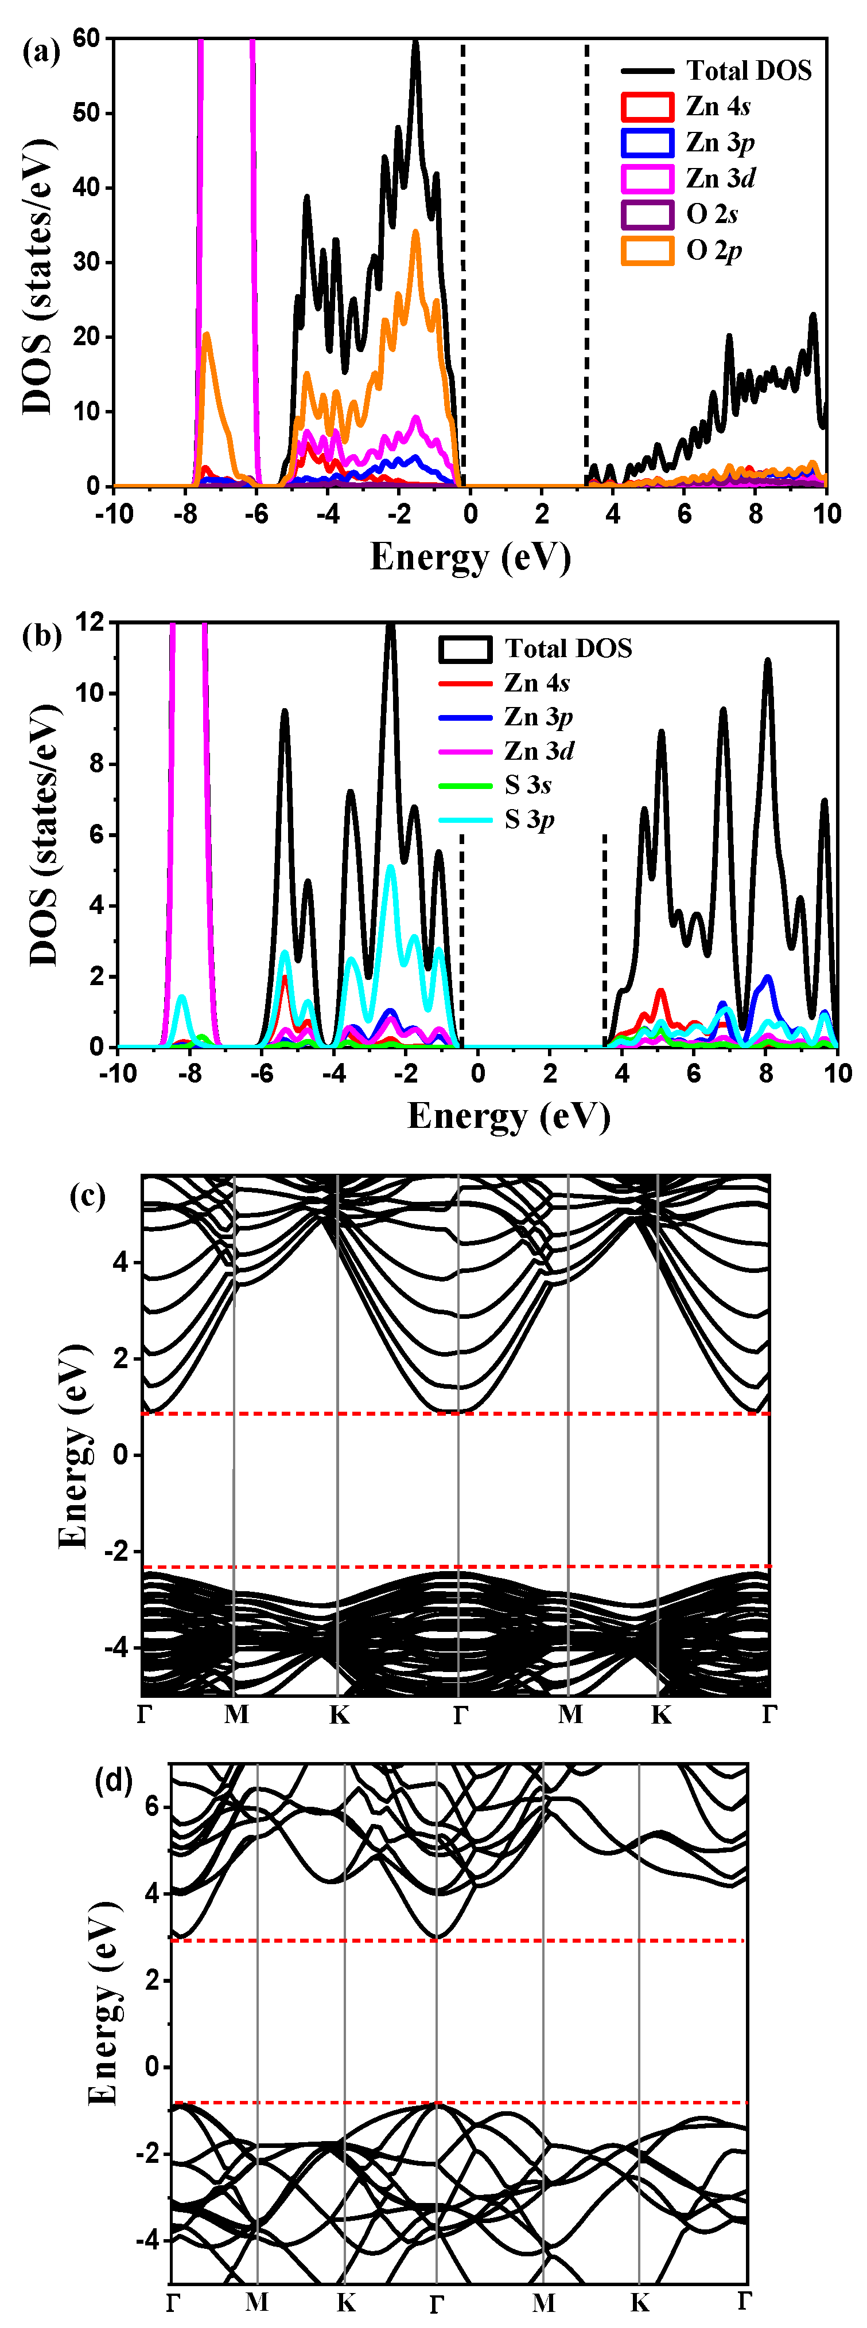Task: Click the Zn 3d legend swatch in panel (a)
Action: coord(647,178)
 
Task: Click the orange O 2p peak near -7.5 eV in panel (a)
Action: coord(207,336)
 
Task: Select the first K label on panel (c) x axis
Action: coord(339,1714)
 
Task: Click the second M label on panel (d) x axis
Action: coord(543,2302)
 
